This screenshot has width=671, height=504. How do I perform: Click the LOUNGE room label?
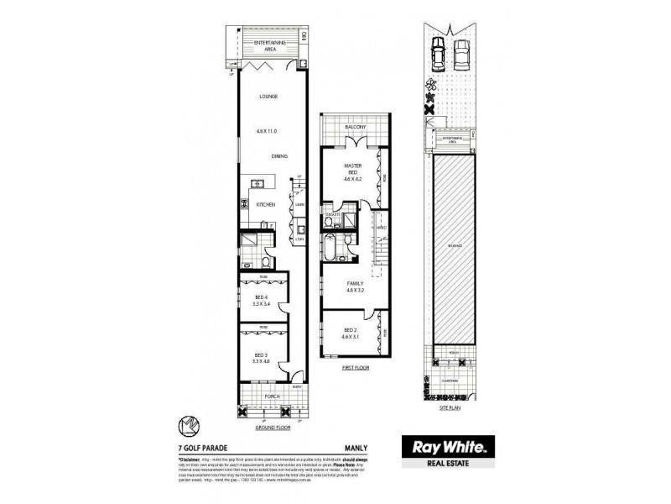point(268,96)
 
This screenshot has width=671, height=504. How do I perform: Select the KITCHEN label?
point(266,204)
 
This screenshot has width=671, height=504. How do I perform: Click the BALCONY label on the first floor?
point(355,127)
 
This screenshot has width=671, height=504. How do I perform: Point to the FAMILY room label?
point(356,284)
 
